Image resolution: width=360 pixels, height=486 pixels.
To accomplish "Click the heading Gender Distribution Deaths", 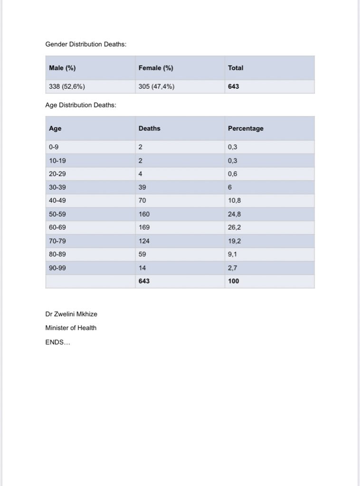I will coord(85,44).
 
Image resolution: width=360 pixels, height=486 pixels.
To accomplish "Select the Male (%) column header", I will coord(62,68).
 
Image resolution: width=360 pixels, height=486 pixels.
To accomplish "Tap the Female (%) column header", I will coord(156,68).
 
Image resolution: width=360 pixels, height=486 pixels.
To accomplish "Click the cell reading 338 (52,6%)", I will coord(67,87).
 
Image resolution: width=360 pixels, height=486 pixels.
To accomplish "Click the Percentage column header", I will coord(246,128).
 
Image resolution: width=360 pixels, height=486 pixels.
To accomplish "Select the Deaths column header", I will coord(150,128).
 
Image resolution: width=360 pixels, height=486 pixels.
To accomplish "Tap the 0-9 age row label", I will coord(54,147).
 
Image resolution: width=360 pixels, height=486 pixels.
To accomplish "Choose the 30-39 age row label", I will coord(57,187).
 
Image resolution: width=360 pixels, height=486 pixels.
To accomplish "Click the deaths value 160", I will coord(144,214).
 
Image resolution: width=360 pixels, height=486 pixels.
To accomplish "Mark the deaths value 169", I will coord(144,227).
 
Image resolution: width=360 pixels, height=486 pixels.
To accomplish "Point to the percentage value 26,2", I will coord(235,227).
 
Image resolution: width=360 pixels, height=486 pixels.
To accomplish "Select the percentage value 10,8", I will coord(235,200).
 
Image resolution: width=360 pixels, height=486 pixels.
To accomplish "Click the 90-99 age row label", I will coord(57,267).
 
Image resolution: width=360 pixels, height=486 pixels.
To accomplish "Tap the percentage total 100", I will coord(234,281).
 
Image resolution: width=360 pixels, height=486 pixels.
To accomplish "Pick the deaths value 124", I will coord(144,240).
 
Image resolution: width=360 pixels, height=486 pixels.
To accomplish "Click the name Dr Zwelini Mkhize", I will coord(71,314).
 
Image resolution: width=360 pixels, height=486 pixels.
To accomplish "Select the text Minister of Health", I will coord(71,328).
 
